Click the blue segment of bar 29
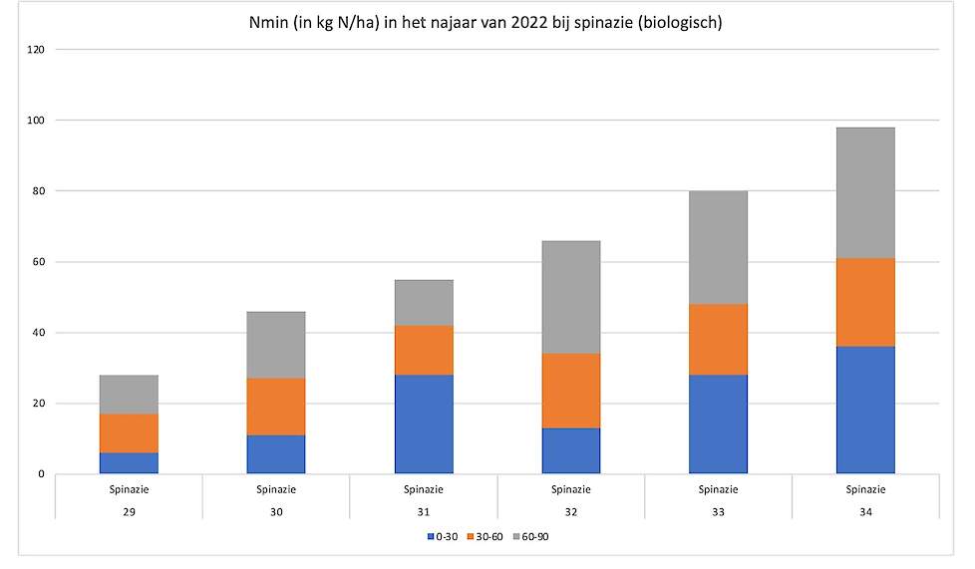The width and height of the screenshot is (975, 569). tap(129, 463)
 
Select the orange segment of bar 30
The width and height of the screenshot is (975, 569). tap(276, 407)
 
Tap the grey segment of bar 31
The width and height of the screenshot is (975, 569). tap(424, 302)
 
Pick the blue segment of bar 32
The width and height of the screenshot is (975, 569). tap(571, 450)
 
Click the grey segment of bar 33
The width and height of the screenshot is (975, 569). tap(718, 247)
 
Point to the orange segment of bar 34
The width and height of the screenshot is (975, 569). tap(865, 302)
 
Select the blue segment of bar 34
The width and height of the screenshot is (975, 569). tap(865, 410)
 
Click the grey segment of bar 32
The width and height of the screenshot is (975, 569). tap(571, 297)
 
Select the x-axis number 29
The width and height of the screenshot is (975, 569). tap(129, 511)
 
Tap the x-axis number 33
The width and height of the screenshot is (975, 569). tap(718, 511)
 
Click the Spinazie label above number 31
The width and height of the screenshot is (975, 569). tap(424, 489)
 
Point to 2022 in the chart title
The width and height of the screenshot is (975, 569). tap(530, 22)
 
